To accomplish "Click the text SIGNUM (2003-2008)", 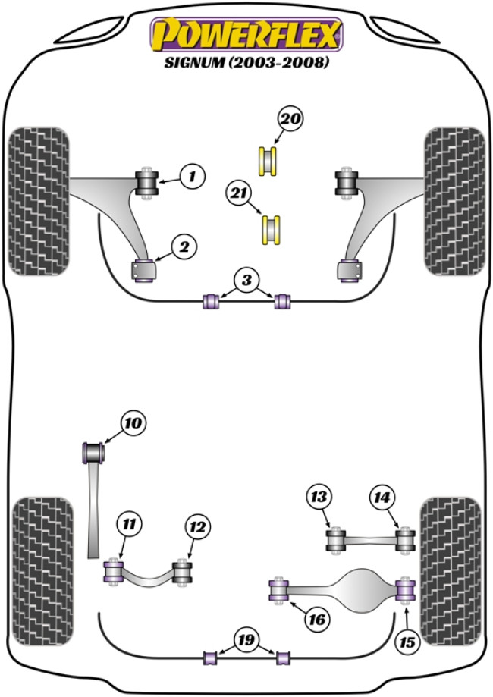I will click(x=246, y=64).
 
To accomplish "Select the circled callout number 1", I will click(x=193, y=177).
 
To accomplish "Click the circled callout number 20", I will click(x=290, y=119).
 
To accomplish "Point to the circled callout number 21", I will click(x=239, y=194).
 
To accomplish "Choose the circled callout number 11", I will click(x=130, y=524).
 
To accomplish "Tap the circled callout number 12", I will click(x=198, y=526).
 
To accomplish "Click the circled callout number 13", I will click(x=319, y=498).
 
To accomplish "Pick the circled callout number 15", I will click(x=407, y=642).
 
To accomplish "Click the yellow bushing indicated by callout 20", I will click(x=268, y=160).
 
